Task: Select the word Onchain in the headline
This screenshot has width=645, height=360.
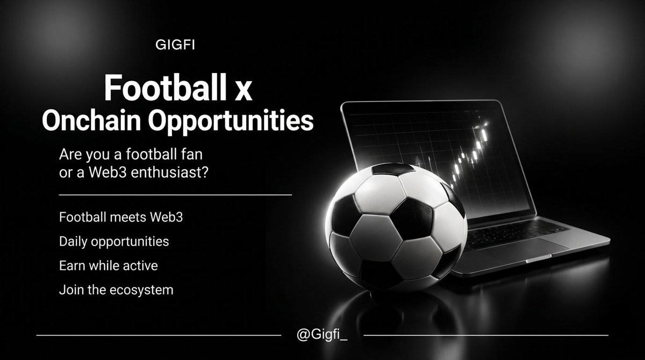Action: [x=89, y=121]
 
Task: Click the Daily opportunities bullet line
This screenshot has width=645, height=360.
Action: [x=114, y=242]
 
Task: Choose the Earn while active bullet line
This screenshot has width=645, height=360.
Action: [x=108, y=265]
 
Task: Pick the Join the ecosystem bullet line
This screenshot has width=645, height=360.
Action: [x=116, y=290]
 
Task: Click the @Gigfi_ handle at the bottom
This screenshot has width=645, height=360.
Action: [x=322, y=336]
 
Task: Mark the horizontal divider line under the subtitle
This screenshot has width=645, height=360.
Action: [x=175, y=195]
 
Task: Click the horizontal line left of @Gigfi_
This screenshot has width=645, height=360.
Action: [x=159, y=335]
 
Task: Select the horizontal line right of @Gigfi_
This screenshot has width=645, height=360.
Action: [x=486, y=335]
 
